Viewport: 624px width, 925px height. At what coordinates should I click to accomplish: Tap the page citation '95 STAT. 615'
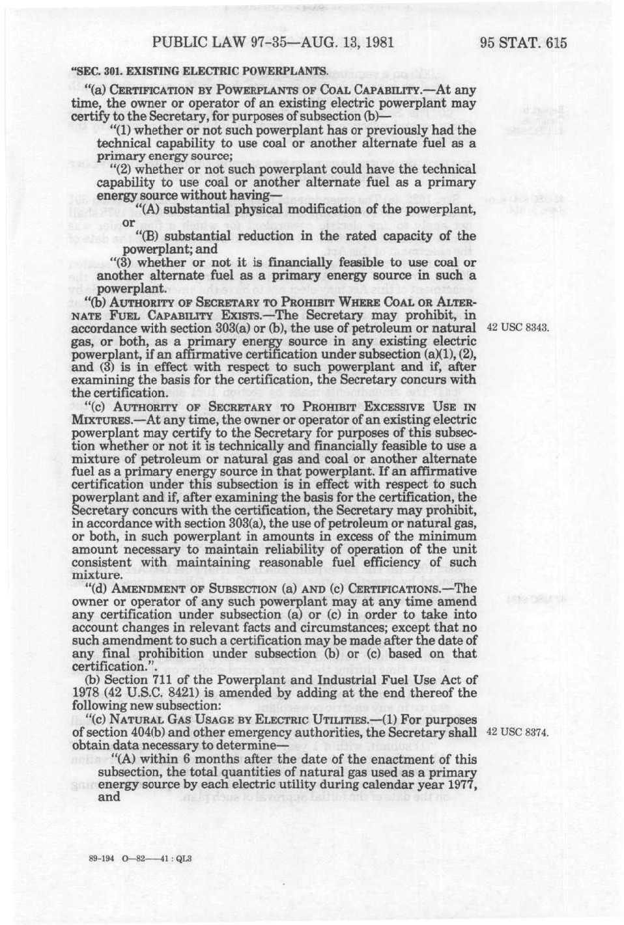pyautogui.click(x=523, y=44)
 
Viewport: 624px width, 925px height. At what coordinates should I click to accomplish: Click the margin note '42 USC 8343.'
pyautogui.click(x=518, y=327)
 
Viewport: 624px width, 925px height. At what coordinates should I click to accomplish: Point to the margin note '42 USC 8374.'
pyautogui.click(x=518, y=732)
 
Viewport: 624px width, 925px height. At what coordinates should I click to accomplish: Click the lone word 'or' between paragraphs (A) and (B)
pyautogui.click(x=129, y=223)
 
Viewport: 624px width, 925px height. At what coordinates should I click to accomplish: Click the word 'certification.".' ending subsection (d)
pyautogui.click(x=109, y=667)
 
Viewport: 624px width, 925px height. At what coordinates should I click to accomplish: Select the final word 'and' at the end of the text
pyautogui.click(x=108, y=797)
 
